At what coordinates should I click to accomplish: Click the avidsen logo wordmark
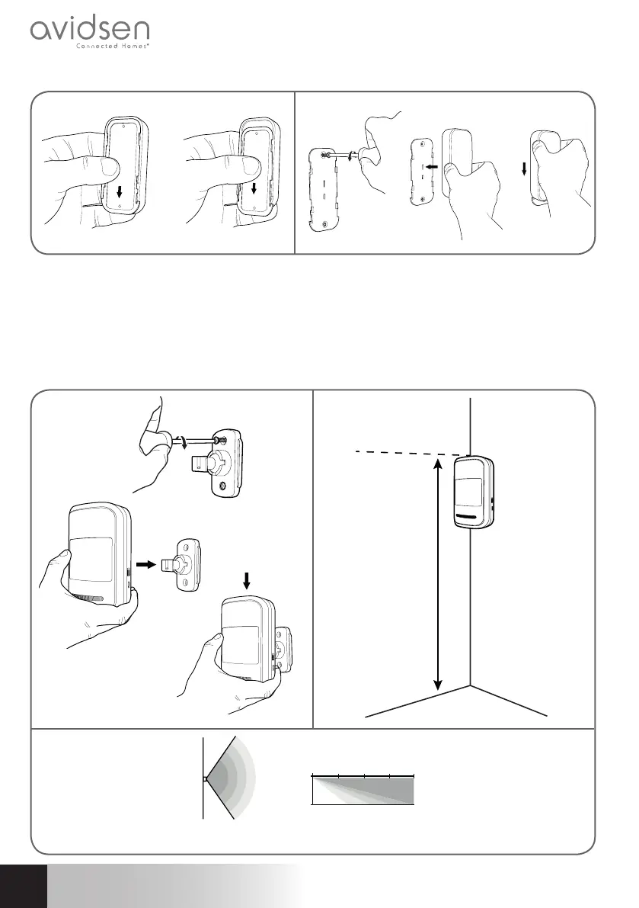90,32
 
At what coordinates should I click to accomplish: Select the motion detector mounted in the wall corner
475,492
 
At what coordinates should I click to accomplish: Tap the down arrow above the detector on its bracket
246,581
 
